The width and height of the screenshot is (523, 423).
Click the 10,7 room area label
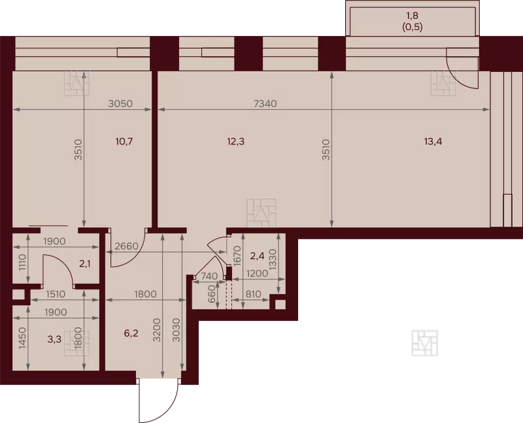tap(124, 141)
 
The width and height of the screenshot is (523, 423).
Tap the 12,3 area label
tap(235, 141)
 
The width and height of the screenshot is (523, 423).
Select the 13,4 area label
tap(433, 141)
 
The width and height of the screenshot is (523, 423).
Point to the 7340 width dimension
tap(265, 104)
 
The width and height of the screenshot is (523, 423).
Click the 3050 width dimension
tap(120, 104)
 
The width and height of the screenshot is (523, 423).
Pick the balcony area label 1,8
tap(413, 16)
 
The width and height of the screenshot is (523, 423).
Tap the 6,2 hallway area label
tap(131, 333)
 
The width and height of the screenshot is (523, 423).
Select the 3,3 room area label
tap(54, 339)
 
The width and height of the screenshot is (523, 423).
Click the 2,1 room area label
tap(85, 264)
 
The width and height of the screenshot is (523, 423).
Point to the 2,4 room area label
tap(257, 256)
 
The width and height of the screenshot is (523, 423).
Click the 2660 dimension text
tap(126, 246)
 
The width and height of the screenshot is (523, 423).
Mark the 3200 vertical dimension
tap(158, 330)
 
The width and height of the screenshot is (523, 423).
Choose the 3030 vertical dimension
tap(177, 330)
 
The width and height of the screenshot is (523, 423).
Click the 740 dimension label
tap(209, 276)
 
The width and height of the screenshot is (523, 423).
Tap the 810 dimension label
tap(252, 294)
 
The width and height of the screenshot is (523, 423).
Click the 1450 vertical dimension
tap(22, 338)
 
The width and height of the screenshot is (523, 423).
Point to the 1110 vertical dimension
tap(22, 263)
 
